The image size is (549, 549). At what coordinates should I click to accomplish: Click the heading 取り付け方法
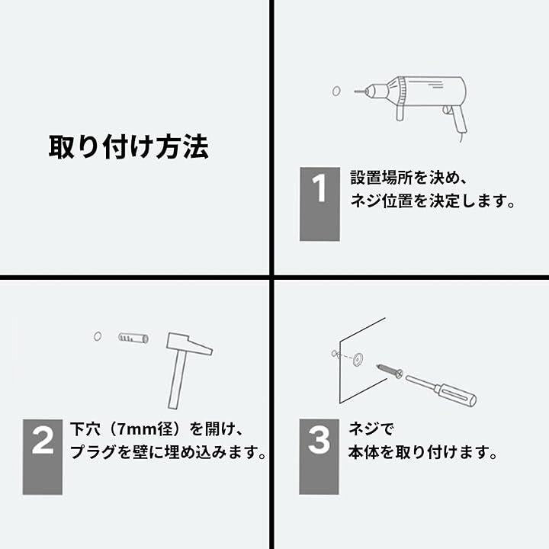click(128, 146)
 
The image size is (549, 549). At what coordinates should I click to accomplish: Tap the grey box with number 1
click(319, 204)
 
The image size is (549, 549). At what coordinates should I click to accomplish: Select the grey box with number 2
click(42, 456)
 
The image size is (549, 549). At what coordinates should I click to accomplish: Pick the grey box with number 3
click(319, 456)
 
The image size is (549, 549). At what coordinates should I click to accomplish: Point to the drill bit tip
click(356, 91)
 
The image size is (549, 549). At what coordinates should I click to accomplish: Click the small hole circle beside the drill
click(336, 91)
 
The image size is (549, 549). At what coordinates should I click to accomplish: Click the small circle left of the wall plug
click(98, 336)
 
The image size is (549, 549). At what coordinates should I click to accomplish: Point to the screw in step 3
click(388, 371)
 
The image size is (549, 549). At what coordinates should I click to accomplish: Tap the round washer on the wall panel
click(356, 357)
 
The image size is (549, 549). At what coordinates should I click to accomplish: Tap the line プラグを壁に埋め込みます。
click(168, 453)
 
